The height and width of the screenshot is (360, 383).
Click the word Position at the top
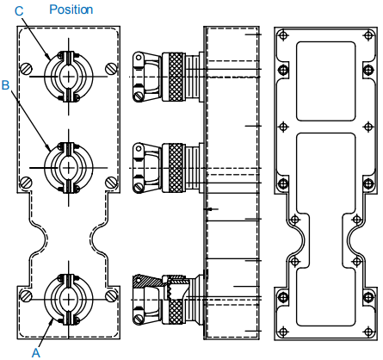pyautogui.click(x=71, y=9)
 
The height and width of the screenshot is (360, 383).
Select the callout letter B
pyautogui.click(x=6, y=85)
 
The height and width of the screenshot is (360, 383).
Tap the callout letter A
pyautogui.click(x=36, y=351)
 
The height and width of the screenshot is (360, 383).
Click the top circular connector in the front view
pyautogui.click(x=68, y=74)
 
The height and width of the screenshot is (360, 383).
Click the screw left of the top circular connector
pyautogui.click(x=28, y=69)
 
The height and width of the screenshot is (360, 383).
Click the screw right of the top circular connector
pyautogui.click(x=109, y=69)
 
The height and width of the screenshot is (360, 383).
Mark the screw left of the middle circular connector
pyautogui.click(x=28, y=182)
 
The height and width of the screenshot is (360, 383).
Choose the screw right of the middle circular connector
pyautogui.click(x=109, y=182)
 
